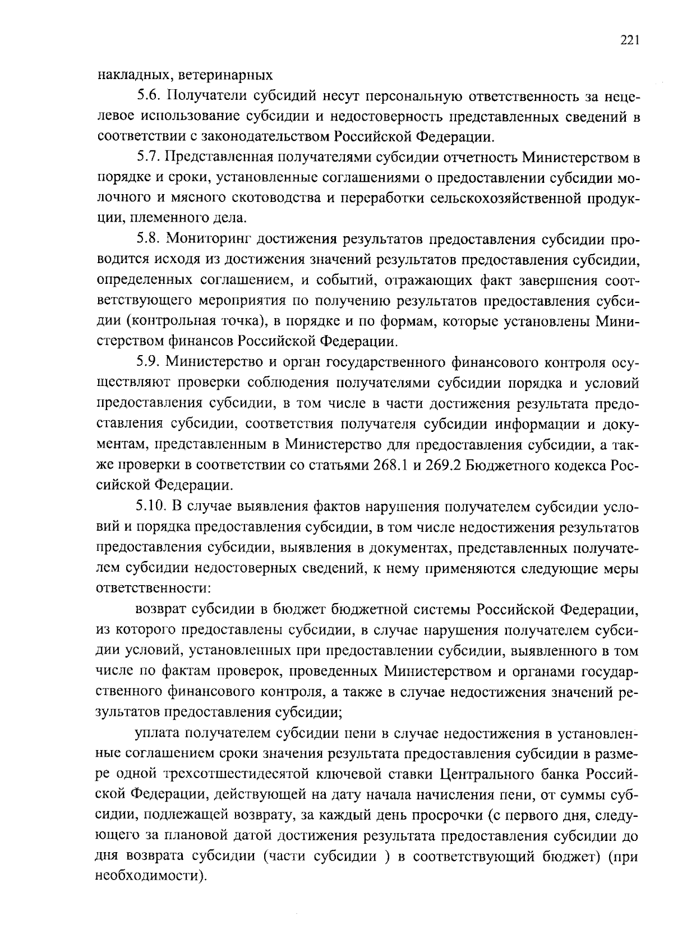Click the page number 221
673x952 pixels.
[630, 40]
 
